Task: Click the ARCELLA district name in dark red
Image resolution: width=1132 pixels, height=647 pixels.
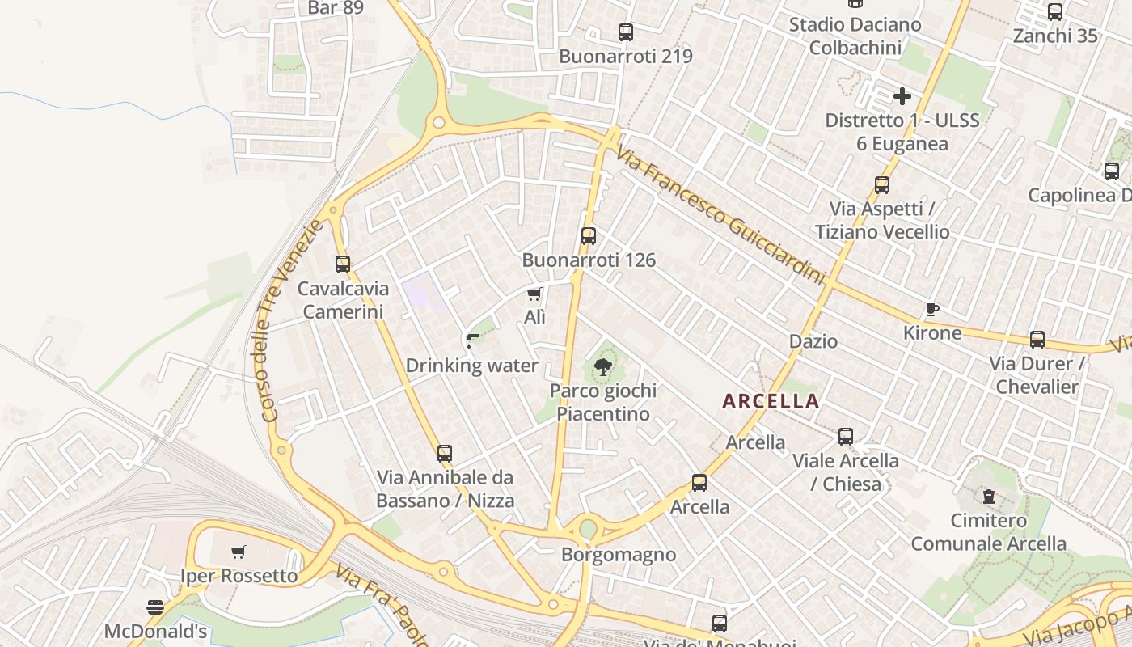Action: point(771,401)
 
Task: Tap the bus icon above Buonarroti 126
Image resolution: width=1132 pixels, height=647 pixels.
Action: point(589,236)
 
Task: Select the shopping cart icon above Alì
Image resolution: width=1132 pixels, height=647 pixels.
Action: point(534,294)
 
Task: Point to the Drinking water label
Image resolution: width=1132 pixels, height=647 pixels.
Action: point(471,366)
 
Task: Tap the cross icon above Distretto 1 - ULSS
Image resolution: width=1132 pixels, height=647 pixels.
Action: point(902,97)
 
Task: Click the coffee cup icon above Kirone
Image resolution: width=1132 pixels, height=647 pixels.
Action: point(932,309)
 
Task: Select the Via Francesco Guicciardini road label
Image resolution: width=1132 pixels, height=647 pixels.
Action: point(720,215)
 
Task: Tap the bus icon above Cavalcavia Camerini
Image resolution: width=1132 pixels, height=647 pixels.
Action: point(343,264)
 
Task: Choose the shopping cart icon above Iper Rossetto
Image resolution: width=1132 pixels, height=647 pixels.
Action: point(239,552)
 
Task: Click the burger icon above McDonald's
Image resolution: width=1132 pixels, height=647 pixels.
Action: point(155,607)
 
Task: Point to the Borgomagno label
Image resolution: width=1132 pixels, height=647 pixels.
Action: point(619,555)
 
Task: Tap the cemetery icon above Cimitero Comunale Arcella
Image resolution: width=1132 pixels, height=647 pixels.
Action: point(988,497)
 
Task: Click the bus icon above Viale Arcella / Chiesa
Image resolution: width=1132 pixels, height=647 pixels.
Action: point(846,437)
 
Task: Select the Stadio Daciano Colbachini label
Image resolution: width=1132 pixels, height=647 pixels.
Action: point(855,36)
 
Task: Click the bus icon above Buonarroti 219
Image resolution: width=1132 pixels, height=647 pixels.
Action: point(626,32)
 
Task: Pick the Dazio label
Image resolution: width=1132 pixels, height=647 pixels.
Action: point(813,341)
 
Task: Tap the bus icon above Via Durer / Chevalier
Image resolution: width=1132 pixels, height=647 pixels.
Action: point(1037,340)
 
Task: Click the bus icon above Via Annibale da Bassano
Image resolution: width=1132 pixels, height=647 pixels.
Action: point(445,454)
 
